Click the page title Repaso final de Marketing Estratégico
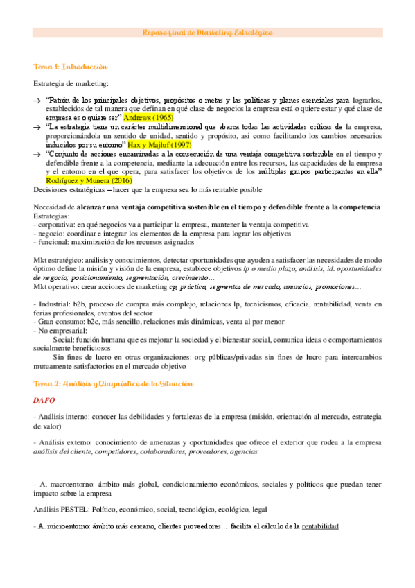pyautogui.click(x=207, y=33)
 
